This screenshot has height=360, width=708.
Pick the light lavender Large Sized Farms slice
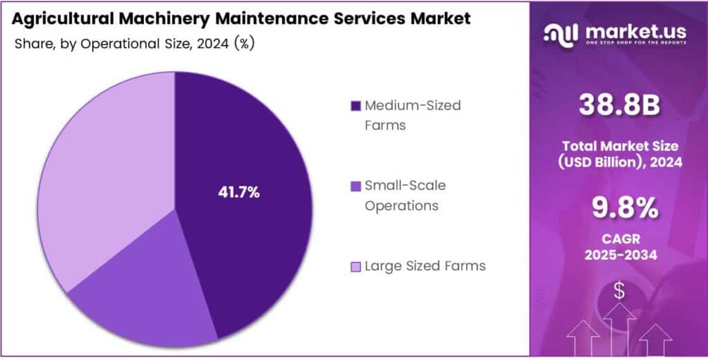coord(104,173)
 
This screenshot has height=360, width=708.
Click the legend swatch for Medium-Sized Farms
coord(355,106)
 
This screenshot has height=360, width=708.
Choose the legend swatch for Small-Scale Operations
coord(355,186)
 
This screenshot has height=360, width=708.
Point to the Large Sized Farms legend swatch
coord(355,266)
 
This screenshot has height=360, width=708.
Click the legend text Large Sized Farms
coord(425,266)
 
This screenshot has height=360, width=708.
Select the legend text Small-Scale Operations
coord(405,196)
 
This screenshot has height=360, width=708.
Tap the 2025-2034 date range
coord(618,254)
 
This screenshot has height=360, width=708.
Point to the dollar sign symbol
coord(619,291)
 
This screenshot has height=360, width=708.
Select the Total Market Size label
coord(618,146)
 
